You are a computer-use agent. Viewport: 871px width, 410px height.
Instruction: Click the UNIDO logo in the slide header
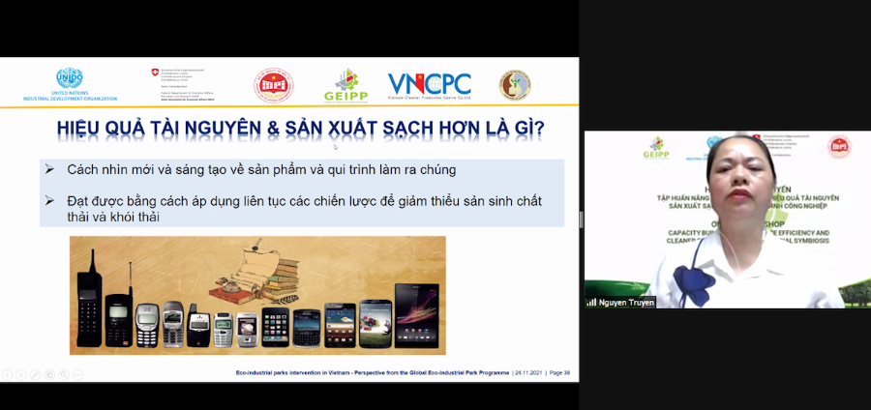coord(70,80)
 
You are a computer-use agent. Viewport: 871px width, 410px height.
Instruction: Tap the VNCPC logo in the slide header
coord(430,85)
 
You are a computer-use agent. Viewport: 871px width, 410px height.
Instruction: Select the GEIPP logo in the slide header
coord(345,85)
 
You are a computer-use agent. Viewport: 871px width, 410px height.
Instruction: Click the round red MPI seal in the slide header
coord(273,85)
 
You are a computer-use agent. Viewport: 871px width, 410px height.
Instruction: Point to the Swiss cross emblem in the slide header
coord(155,72)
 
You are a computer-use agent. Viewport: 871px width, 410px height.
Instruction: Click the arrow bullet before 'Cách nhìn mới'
coord(49,169)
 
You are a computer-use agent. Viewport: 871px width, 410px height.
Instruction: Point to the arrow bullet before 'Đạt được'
coord(49,200)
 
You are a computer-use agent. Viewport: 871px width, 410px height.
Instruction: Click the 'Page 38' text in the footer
coord(560,372)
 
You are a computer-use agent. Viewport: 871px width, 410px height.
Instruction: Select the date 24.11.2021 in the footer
coord(526,372)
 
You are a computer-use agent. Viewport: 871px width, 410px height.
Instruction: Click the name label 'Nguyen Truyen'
coord(625,303)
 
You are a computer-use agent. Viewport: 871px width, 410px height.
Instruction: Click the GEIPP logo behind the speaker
coord(655,149)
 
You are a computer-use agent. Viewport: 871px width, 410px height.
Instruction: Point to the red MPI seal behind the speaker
coord(838,147)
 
